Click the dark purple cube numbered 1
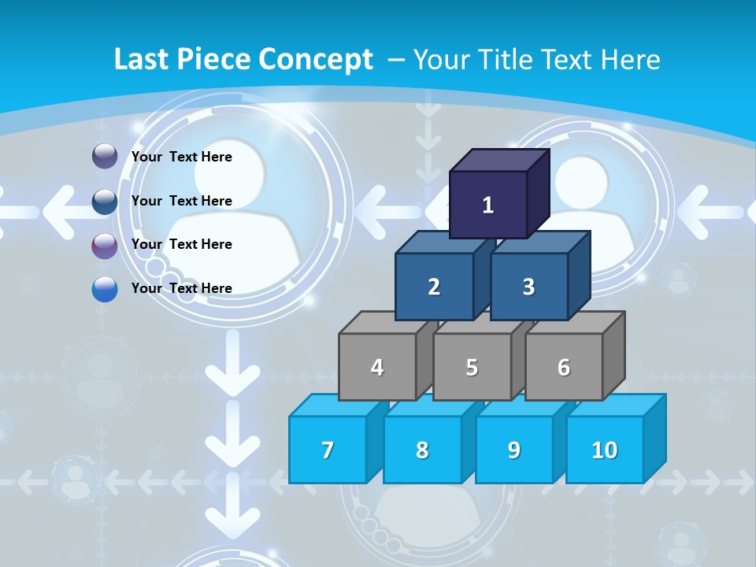click(x=488, y=205)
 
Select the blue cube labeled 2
click(x=434, y=287)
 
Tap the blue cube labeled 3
click(x=528, y=287)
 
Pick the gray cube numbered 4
click(x=377, y=367)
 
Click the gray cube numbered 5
click(x=472, y=367)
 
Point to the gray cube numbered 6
click(x=564, y=367)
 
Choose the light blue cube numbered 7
click(x=328, y=450)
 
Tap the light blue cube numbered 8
click(x=422, y=450)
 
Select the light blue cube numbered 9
click(x=514, y=450)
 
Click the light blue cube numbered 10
click(x=605, y=450)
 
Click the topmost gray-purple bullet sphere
click(x=105, y=157)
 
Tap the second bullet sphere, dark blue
click(x=105, y=201)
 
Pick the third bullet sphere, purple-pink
click(x=105, y=245)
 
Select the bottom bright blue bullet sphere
click(x=105, y=289)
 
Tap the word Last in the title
click(x=142, y=59)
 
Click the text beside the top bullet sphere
click(x=182, y=157)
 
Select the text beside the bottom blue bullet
click(x=182, y=288)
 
